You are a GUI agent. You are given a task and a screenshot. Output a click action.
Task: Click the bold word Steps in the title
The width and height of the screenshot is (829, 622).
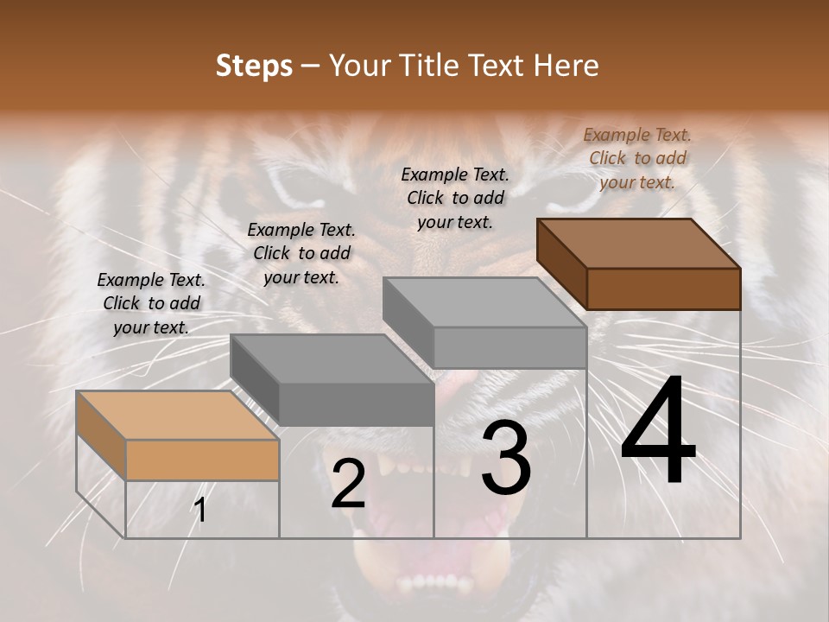(254, 66)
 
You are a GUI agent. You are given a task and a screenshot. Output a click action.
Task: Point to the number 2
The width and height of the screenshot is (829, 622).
(348, 485)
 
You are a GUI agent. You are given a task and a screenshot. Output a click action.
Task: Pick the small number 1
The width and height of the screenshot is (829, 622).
(200, 511)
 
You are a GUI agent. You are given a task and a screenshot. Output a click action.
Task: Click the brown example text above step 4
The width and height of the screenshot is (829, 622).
(637, 158)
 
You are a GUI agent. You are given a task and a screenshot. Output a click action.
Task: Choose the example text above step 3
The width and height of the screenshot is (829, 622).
(455, 198)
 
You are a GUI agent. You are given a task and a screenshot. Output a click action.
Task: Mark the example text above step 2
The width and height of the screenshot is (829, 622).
(301, 253)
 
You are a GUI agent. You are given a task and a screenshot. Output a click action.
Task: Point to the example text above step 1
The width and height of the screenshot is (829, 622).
(151, 303)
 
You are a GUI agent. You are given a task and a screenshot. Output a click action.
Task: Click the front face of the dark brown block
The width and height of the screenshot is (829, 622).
(663, 289)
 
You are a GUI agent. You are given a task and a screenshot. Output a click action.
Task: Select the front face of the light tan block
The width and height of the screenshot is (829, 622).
(202, 460)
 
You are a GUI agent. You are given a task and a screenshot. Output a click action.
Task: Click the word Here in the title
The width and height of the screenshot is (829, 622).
(567, 66)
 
